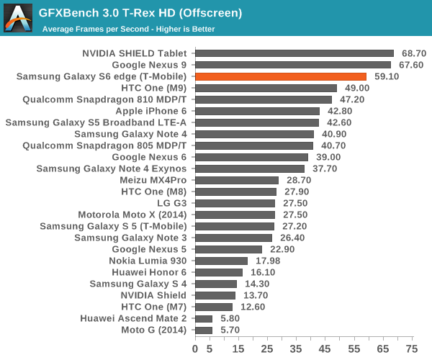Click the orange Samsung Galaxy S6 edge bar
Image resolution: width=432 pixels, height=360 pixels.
pyautogui.click(x=281, y=76)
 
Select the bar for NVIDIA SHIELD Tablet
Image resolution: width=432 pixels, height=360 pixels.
pyautogui.click(x=294, y=53)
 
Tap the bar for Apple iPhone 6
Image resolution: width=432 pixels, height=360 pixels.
pyautogui.click(x=257, y=111)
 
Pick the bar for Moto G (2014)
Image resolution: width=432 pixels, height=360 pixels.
pyautogui.click(x=204, y=330)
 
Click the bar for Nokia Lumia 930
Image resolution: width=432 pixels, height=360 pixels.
pyautogui.click(x=221, y=261)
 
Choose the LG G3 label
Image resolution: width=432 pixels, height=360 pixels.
pyautogui.click(x=171, y=203)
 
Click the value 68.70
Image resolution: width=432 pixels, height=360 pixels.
pyautogui.click(x=414, y=53)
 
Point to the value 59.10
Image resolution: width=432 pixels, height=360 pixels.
pyautogui.click(x=387, y=76)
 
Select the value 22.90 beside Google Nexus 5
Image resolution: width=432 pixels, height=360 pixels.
pyautogui.click(x=282, y=249)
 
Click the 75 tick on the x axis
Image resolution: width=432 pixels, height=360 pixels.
pyautogui.click(x=411, y=348)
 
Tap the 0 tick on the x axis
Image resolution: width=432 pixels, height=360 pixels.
pyautogui.click(x=195, y=348)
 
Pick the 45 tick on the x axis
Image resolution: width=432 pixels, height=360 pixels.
pyautogui.click(x=325, y=348)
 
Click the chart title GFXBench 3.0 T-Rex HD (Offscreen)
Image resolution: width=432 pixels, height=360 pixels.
pyautogui.click(x=140, y=13)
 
